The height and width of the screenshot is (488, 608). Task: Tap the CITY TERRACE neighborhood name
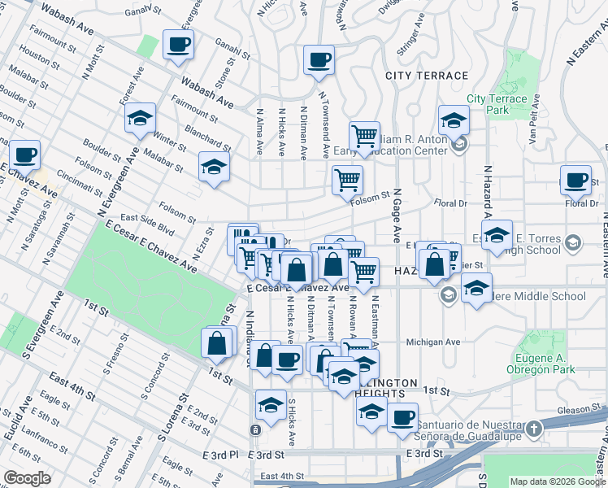(427, 76)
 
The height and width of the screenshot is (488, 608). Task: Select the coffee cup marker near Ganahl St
(177, 44)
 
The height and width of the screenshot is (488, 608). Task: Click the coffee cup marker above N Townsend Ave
(319, 59)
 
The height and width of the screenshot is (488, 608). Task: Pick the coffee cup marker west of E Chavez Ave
(24, 153)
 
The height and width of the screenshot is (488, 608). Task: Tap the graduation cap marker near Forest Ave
(140, 118)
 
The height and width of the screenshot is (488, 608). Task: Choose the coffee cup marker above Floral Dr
(575, 181)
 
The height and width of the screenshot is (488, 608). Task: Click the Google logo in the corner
(28, 478)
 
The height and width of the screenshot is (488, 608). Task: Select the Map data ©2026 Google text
(557, 481)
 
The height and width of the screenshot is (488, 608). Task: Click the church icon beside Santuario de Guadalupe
(533, 428)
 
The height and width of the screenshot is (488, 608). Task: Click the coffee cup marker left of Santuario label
(402, 417)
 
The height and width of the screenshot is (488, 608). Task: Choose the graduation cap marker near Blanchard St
(215, 167)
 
